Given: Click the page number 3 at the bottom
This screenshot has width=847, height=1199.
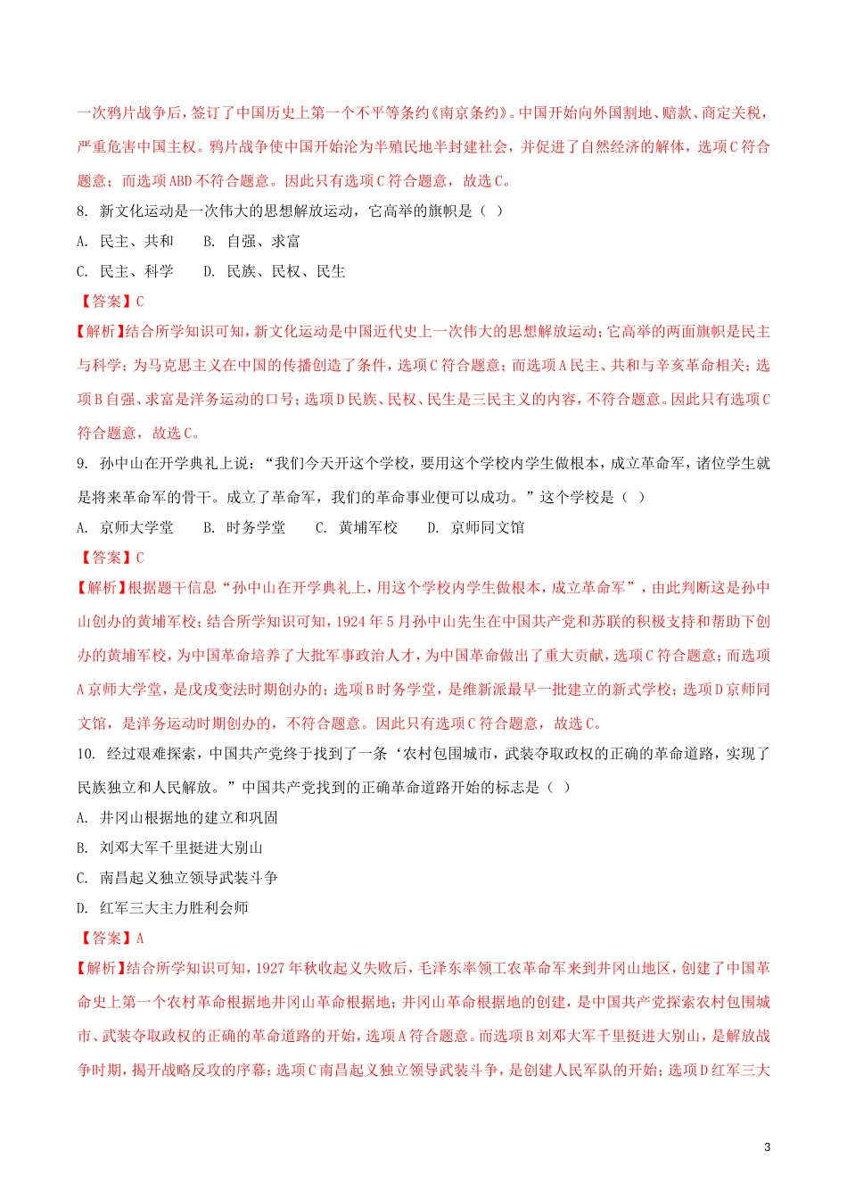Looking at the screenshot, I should pos(768,1146).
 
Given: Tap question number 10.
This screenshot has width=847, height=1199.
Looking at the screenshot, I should pos(86,754).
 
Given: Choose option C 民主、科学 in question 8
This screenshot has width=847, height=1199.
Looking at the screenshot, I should pos(125,272).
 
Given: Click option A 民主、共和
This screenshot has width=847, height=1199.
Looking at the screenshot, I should pos(125,242).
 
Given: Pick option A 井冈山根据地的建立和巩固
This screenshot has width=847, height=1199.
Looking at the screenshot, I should pos(177,818).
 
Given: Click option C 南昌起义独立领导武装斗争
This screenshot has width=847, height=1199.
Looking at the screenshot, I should pos(177,879).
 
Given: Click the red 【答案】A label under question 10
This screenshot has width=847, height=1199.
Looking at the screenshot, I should pos(111,939).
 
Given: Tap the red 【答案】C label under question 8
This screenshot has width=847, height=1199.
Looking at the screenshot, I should pos(111,302).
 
